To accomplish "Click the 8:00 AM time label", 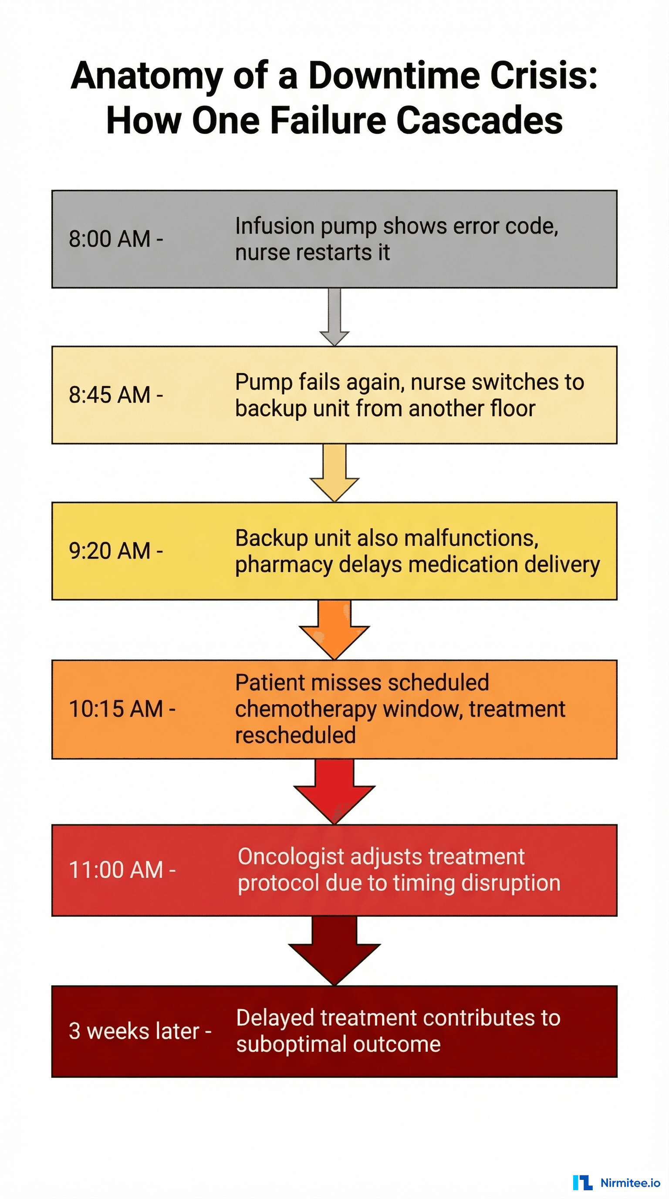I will coord(115,239).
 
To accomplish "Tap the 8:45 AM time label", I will coord(115,395).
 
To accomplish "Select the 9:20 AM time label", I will coord(115,551).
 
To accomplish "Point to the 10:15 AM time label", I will coord(122,709).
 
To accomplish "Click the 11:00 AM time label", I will coord(122,870).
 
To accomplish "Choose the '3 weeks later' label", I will coord(139,1031).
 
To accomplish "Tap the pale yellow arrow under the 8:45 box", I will coord(334,472).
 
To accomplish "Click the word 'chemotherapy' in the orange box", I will coord(306,709).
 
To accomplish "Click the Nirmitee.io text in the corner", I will coord(630,1183).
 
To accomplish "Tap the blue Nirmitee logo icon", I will coord(582,1183).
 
